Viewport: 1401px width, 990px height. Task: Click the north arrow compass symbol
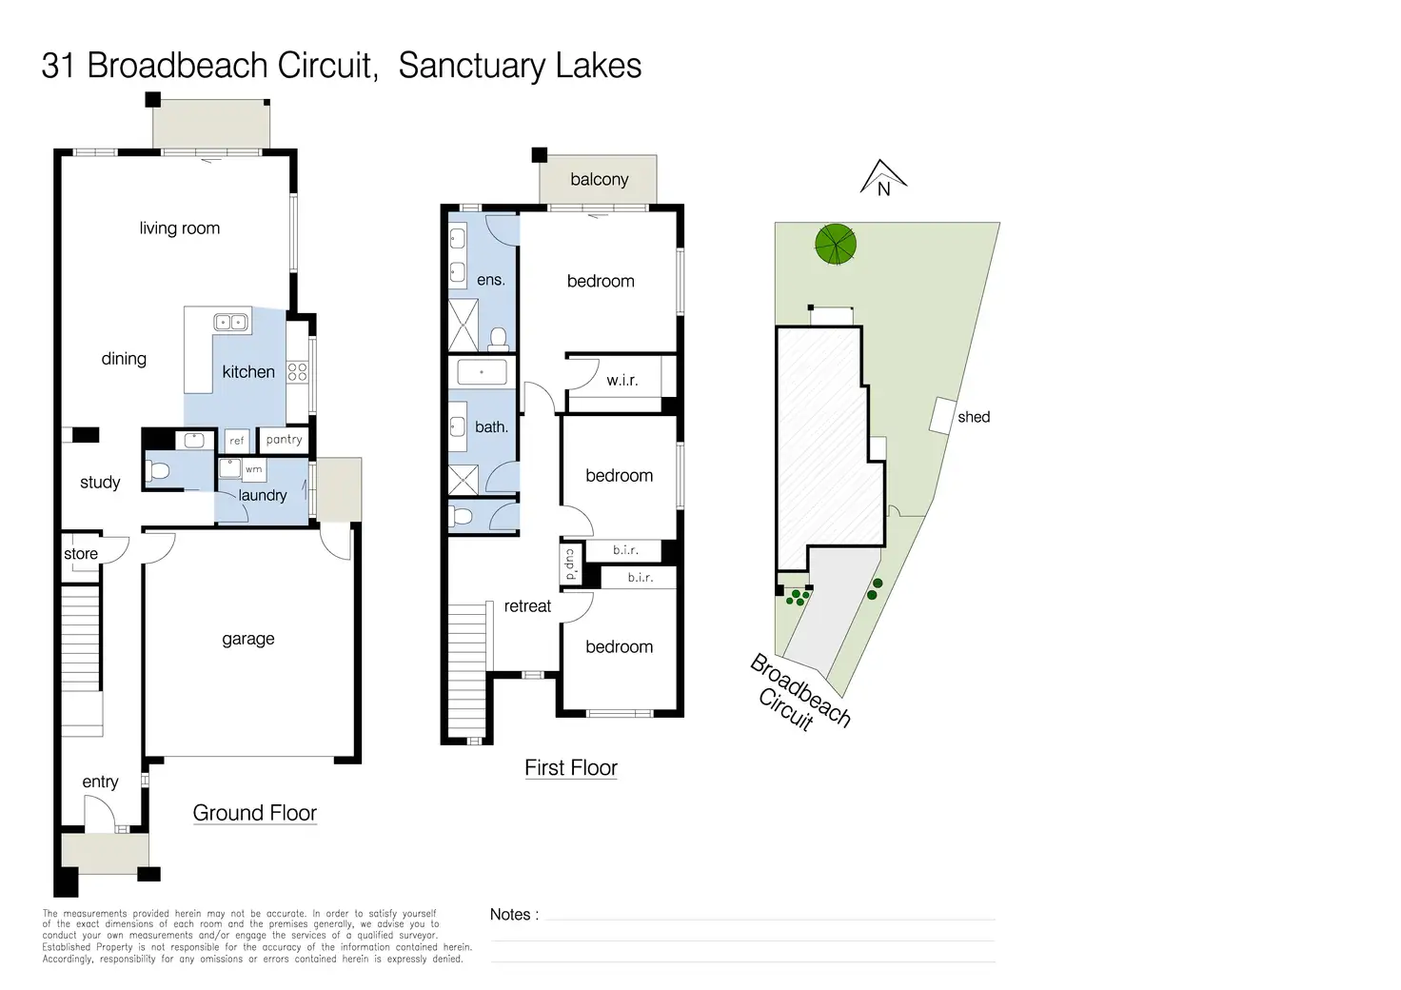pos(883,178)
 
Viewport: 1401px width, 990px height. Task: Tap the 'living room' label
pos(179,228)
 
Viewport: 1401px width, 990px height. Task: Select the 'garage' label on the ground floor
pos(248,639)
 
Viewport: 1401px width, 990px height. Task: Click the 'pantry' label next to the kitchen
pos(284,440)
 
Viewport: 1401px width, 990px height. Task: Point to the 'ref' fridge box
pos(237,441)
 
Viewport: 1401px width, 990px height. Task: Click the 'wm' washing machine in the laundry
pos(253,469)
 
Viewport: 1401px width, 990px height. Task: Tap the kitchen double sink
pos(231,322)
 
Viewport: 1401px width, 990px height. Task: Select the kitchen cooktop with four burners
pos(298,371)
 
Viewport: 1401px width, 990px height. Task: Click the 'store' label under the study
pos(81,554)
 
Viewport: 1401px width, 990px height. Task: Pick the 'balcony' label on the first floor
pos(600,179)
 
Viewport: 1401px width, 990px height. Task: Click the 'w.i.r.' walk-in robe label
pos(622,380)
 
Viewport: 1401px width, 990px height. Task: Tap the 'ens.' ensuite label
pos(491,280)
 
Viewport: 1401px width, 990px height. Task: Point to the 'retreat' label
pos(527,606)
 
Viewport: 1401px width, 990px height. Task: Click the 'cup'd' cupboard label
pos(571,564)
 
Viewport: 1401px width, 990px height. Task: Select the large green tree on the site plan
pos(836,244)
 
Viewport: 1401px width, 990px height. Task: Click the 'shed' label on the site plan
pos(974,417)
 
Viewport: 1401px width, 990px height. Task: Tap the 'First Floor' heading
pos(571,768)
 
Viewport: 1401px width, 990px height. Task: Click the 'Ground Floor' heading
pos(254,813)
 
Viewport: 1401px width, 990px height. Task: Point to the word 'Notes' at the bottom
pos(510,915)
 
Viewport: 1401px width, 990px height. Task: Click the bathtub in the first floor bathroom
pos(483,372)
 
